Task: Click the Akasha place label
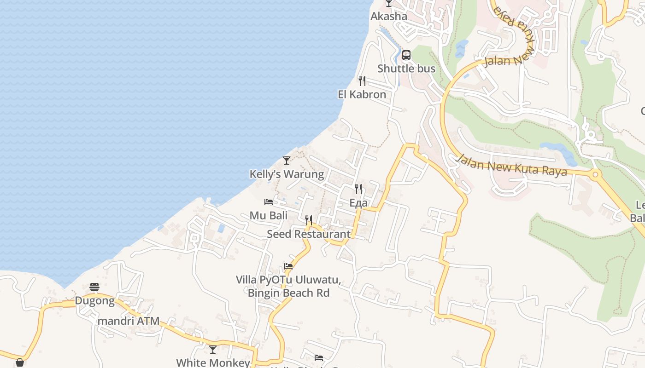[x=389, y=17]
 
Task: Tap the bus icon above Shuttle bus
[x=406, y=55]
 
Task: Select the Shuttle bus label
[x=406, y=69]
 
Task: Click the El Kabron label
[x=362, y=95]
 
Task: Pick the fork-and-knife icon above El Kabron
[x=362, y=81]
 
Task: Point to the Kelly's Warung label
[x=287, y=174]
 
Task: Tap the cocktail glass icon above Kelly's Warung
[x=287, y=161]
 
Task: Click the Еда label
[x=358, y=203]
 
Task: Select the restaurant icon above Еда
[x=358, y=189]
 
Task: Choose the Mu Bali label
[x=268, y=215]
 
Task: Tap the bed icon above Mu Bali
[x=269, y=201]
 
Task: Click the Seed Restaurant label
[x=309, y=234]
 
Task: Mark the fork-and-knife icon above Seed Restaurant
[x=309, y=220]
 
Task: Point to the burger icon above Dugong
[x=94, y=287]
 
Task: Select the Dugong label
[x=94, y=301]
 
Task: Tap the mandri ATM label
[x=129, y=321]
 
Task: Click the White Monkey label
[x=213, y=362]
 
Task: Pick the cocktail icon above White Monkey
[x=213, y=350]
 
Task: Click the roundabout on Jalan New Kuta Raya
[x=595, y=174]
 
